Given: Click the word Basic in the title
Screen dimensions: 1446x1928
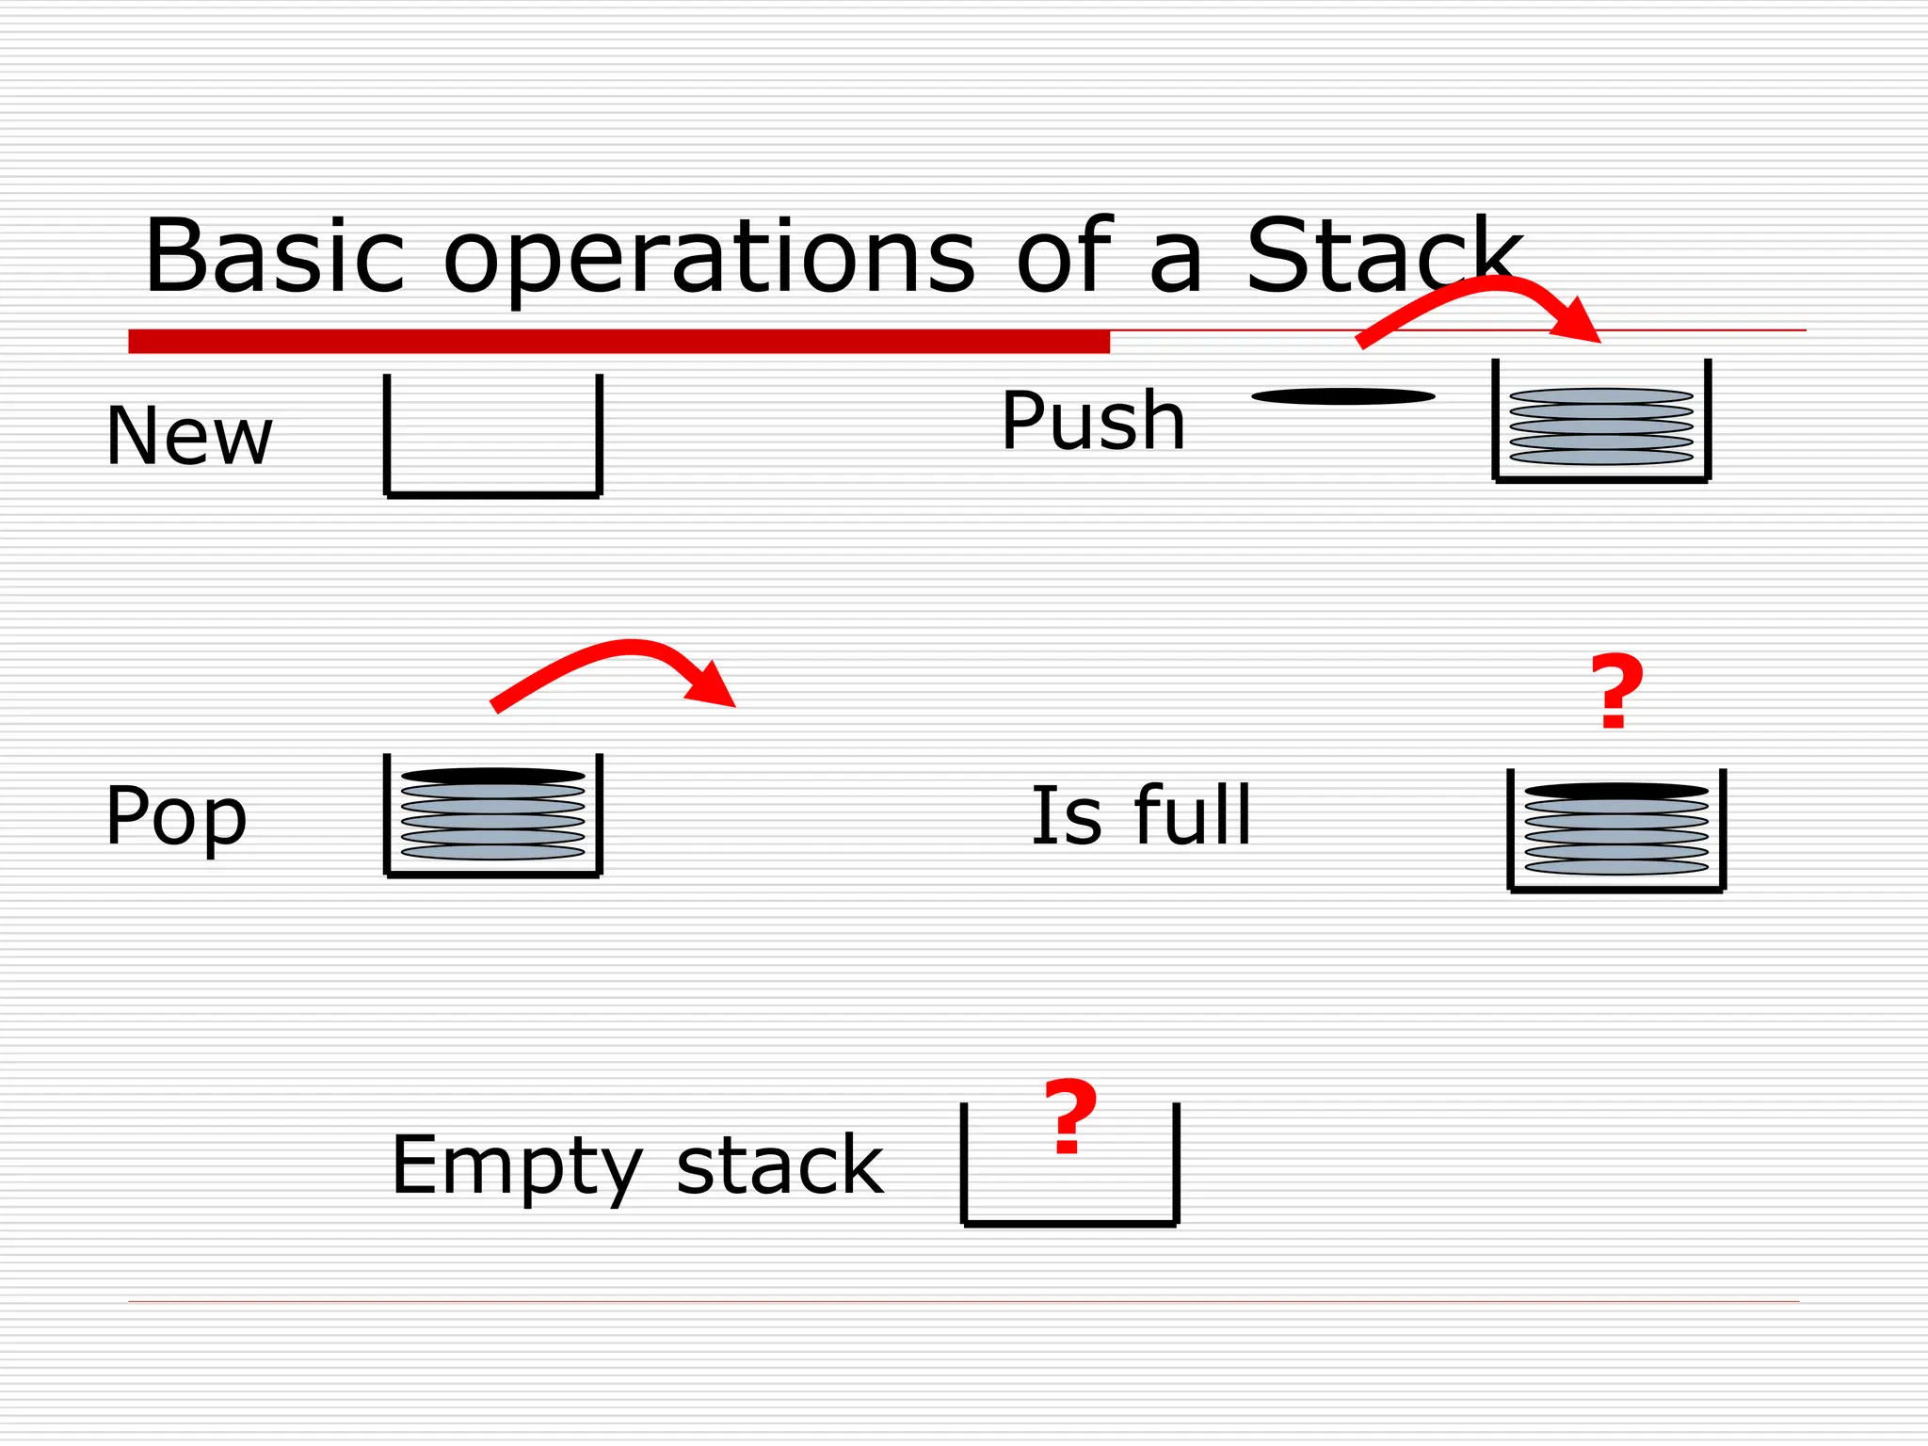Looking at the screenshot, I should coord(274,256).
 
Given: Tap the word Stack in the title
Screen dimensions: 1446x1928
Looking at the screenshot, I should coord(1383,256).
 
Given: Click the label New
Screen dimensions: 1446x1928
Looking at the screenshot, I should coord(189,436).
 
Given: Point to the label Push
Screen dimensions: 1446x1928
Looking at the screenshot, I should coord(1093,421).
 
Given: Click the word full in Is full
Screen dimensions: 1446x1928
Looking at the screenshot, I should coord(1193,814).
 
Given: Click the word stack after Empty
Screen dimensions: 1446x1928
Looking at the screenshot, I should coord(779,1165).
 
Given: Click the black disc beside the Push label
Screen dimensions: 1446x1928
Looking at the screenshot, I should coord(1342,396).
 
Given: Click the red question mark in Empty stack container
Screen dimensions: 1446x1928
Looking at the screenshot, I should coord(1070,1117).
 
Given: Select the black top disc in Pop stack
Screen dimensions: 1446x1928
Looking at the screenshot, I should coord(493,776).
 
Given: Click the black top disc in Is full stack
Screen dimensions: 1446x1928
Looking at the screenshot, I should coord(1616,791).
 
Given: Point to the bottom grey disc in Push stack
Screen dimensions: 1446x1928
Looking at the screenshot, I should coord(1601,458).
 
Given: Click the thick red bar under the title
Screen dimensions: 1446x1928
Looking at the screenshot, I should coord(619,341).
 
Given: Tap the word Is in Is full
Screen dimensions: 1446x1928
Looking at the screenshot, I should coord(1066,814).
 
